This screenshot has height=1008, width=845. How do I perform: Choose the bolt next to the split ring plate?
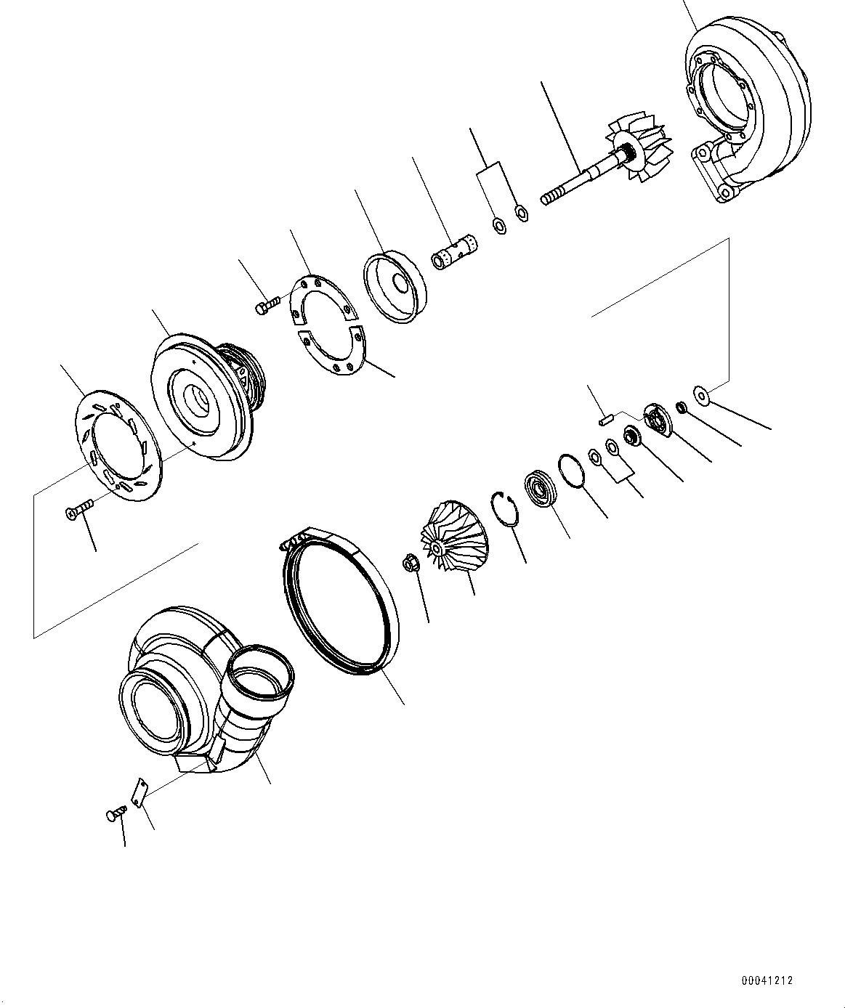[267, 305]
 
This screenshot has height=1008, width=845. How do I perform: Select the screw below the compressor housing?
[114, 815]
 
